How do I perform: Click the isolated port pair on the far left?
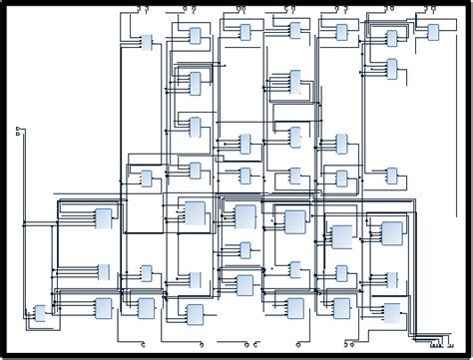click(18, 131)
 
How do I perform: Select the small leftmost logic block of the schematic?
click(40, 313)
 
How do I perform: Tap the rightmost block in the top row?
click(432, 32)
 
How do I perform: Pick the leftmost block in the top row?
click(147, 43)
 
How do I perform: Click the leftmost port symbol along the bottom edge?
click(146, 345)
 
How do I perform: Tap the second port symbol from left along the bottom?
click(194, 345)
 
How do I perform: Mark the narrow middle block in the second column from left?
click(103, 271)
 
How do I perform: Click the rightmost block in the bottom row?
click(391, 311)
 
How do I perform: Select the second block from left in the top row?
click(195, 35)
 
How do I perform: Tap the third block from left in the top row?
click(244, 32)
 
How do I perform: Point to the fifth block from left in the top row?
click(342, 32)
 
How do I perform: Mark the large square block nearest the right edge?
click(391, 233)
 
